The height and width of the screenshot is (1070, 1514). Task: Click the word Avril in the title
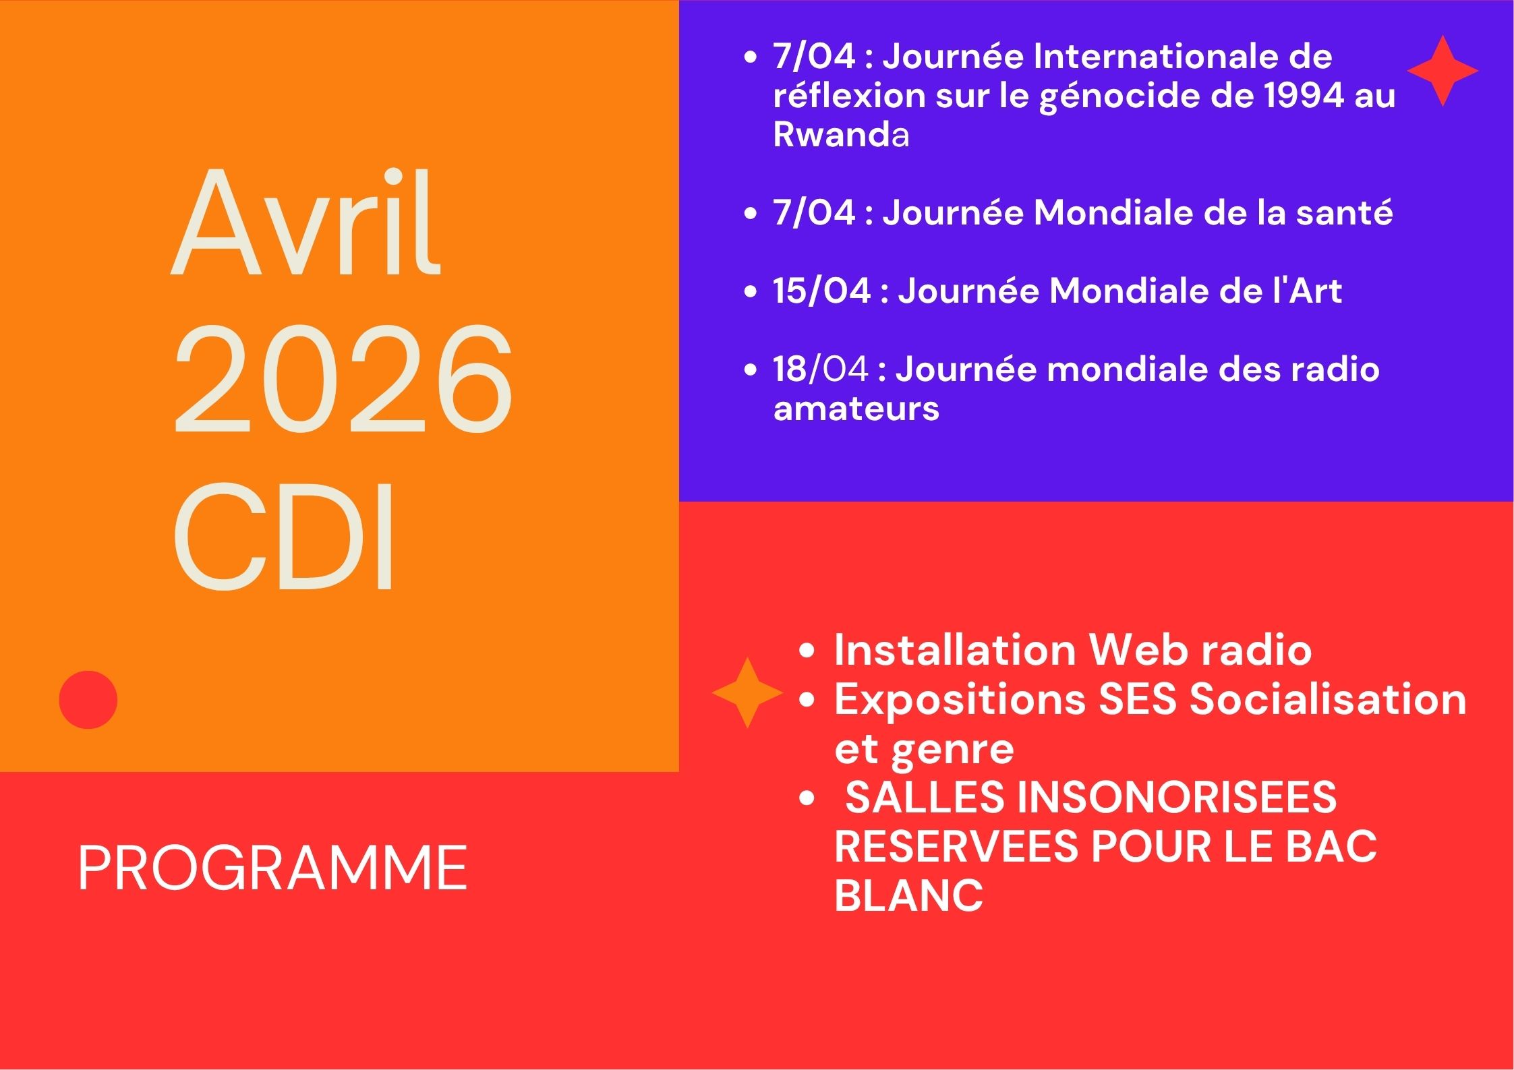pos(306,222)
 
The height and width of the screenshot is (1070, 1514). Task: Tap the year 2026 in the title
pos(343,379)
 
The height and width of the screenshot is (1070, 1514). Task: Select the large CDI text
pos(283,536)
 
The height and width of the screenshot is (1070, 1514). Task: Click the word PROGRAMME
pos(272,868)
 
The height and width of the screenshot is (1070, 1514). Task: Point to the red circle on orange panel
pos(88,700)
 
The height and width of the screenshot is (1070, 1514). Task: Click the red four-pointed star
pos(1443,71)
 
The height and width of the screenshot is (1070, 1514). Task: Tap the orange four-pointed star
pos(747,693)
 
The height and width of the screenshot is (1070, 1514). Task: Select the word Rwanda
pos(841,134)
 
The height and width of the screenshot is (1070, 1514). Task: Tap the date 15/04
pos(822,291)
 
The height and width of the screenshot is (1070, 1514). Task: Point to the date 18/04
pos(821,369)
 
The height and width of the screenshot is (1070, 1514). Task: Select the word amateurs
pos(856,409)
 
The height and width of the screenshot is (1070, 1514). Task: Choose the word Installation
pos(955,650)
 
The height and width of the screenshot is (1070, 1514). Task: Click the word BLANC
pos(908,895)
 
